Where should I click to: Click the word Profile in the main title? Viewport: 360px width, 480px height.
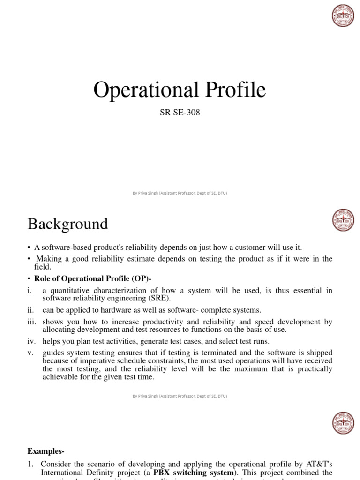click(233, 90)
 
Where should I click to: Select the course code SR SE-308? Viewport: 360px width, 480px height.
click(180, 112)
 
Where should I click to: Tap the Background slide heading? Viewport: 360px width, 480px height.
click(67, 224)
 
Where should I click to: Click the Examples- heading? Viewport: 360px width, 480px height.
click(46, 451)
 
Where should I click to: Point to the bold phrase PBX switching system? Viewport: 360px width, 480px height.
click(194, 472)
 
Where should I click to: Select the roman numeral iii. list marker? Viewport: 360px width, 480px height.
click(32, 322)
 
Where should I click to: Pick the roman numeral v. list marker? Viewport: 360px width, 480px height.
click(30, 352)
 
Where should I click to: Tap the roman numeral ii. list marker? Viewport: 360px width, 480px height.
click(31, 310)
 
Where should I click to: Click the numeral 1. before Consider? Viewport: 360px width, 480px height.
click(30, 464)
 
